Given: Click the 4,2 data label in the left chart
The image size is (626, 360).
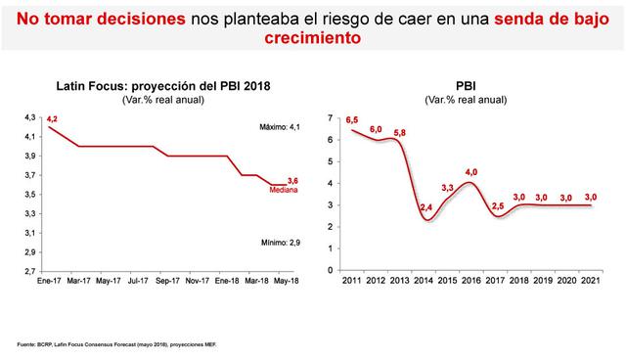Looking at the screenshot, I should point(53,118).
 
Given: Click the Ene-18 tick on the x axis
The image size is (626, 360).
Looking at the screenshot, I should point(227,282).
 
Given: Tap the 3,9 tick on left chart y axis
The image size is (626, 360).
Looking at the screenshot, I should point(29,156).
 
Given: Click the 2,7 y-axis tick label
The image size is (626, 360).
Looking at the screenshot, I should point(29,271).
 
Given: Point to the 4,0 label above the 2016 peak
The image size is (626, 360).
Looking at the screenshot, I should point(470,172).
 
